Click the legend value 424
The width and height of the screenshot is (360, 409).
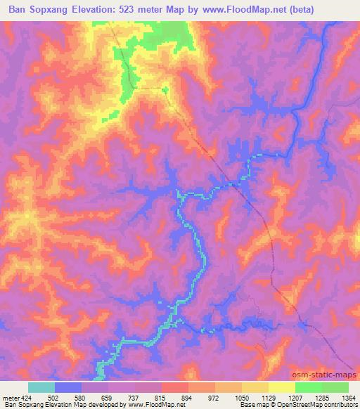27,397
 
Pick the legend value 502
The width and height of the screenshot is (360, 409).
55,397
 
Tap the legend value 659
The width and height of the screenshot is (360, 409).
109,397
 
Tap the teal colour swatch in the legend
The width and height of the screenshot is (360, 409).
41,387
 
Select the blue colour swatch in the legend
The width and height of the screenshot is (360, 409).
68,387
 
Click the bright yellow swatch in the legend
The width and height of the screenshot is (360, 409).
282,387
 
